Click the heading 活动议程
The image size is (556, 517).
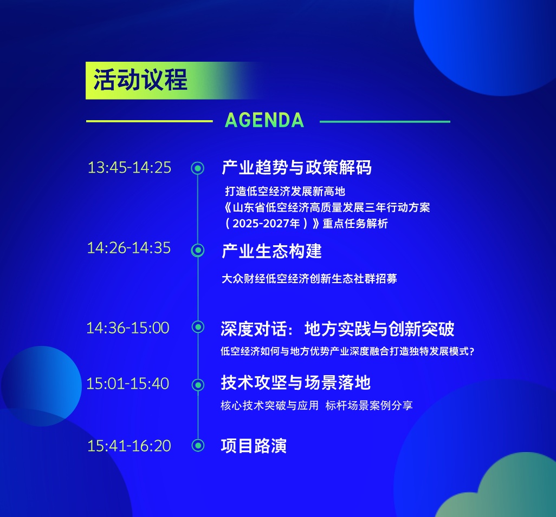[140, 80]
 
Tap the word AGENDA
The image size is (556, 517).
[264, 120]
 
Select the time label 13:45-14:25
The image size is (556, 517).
[130, 168]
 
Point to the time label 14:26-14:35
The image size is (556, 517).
[129, 248]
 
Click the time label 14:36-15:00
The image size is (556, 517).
[128, 328]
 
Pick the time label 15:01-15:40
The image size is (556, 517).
[128, 383]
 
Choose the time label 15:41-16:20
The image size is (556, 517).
[130, 446]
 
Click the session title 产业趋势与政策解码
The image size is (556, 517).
[297, 168]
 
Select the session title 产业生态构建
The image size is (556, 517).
[271, 251]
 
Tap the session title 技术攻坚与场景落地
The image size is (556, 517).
[296, 383]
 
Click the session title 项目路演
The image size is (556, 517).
[254, 446]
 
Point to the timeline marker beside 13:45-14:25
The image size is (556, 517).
[197, 168]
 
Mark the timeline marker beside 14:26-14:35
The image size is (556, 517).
[197, 251]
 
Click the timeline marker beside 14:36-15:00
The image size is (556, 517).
[198, 327]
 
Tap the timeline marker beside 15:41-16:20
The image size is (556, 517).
[198, 446]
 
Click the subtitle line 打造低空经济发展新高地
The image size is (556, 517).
[285, 191]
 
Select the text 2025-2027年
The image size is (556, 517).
[266, 224]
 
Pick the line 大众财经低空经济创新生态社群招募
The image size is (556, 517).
[309, 278]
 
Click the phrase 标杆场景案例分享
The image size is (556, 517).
[369, 405]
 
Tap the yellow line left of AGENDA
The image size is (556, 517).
[149, 121]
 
